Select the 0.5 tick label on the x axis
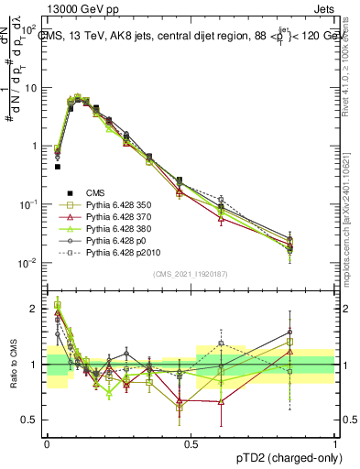click(x=191, y=442)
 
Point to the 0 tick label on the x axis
click(x=46, y=442)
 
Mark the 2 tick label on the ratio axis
click(x=33, y=309)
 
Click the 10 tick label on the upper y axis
click(x=30, y=88)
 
